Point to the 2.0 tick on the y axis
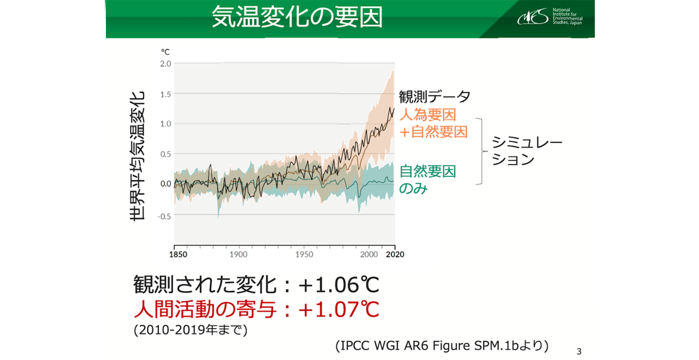[165, 64]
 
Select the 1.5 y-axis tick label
[165, 94]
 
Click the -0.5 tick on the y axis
[164, 216]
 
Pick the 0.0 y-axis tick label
[165, 184]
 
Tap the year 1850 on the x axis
[178, 255]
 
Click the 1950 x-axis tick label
[304, 255]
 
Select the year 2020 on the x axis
[395, 255]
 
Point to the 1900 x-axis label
[239, 255]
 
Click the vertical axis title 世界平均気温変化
[137, 156]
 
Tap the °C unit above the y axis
[165, 52]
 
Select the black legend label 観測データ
[434, 97]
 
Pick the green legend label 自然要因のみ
[427, 179]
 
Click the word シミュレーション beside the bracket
[527, 151]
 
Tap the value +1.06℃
[339, 285]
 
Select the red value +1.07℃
[339, 309]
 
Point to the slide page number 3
[579, 352]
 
